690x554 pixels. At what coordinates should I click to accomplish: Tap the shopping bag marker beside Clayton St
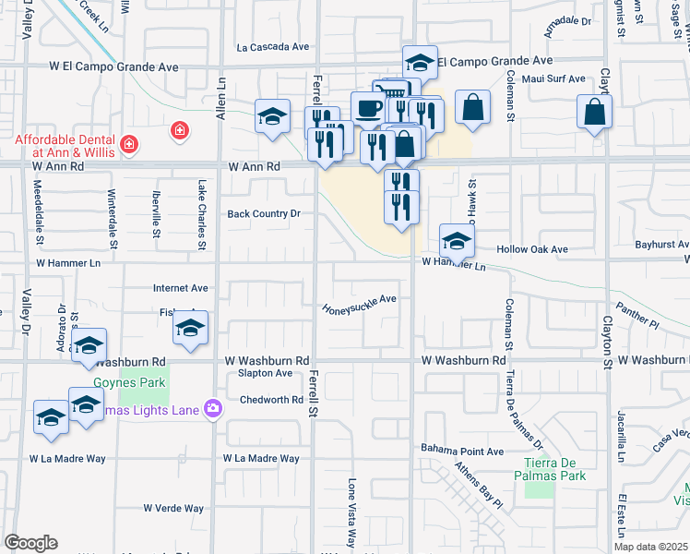595,113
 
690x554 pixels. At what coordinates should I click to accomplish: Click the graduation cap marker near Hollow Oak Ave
456,242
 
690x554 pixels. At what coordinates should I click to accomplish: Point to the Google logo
30,543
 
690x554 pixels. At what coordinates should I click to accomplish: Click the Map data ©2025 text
652,547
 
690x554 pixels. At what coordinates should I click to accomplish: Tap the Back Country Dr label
265,214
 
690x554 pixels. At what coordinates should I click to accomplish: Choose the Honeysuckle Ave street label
359,304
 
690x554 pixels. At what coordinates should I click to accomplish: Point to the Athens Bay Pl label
478,486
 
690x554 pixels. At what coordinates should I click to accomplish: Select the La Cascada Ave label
272,46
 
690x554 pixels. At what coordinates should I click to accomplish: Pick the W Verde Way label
173,508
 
